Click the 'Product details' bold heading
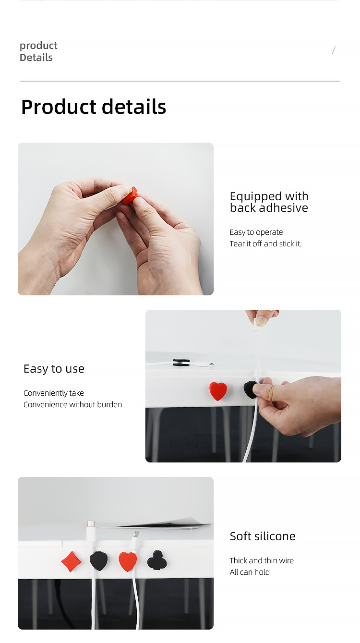(x=94, y=107)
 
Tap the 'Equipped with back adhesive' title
(x=269, y=202)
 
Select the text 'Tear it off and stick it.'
(x=265, y=244)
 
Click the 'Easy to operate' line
(x=256, y=232)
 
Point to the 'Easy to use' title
(x=54, y=369)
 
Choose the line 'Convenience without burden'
(x=73, y=404)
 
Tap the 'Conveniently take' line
(x=54, y=393)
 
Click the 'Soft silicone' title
(x=263, y=536)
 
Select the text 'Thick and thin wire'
(x=262, y=560)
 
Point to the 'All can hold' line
(x=250, y=572)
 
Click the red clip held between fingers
(x=130, y=195)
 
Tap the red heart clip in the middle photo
(x=218, y=391)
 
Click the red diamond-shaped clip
(x=71, y=561)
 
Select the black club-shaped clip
(x=157, y=560)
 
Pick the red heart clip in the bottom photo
(x=128, y=561)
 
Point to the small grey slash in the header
(x=334, y=50)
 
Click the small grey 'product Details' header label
(x=38, y=51)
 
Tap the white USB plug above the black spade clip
(x=91, y=531)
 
